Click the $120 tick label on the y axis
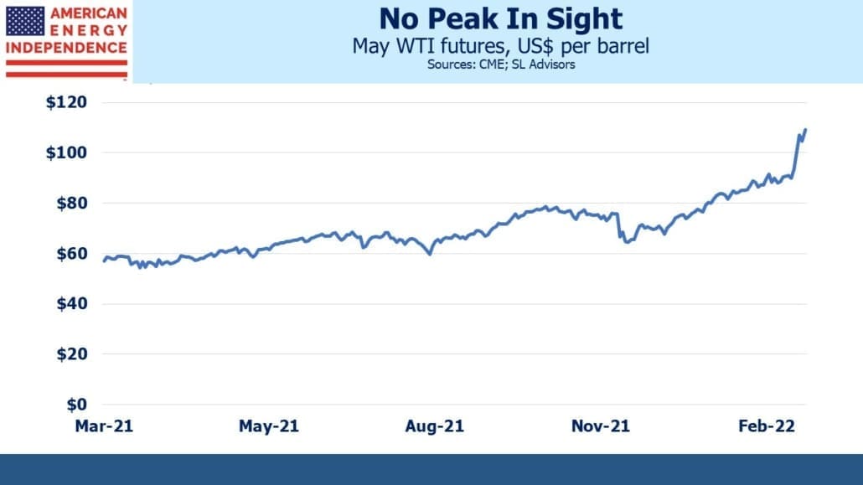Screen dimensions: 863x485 click(x=66, y=102)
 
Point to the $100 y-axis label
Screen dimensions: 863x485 click(x=66, y=152)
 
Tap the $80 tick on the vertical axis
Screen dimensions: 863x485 click(x=71, y=204)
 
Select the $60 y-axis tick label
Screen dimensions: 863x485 click(x=71, y=254)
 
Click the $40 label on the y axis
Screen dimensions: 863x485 click(x=71, y=303)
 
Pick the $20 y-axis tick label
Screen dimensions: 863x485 click(x=71, y=354)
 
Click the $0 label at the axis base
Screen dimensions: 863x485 click(x=76, y=405)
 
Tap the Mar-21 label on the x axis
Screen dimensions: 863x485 click(x=104, y=426)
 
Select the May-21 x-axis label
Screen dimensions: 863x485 click(x=269, y=426)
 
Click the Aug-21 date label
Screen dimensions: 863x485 click(x=434, y=426)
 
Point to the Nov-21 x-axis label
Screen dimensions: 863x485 click(x=601, y=426)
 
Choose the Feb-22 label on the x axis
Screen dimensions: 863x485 click(x=767, y=426)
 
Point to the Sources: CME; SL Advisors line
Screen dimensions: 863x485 click(x=501, y=64)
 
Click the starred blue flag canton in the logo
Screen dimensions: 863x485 click(x=25, y=22)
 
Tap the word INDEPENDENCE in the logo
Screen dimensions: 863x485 click(x=66, y=48)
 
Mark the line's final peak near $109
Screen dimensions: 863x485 click(x=805, y=129)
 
